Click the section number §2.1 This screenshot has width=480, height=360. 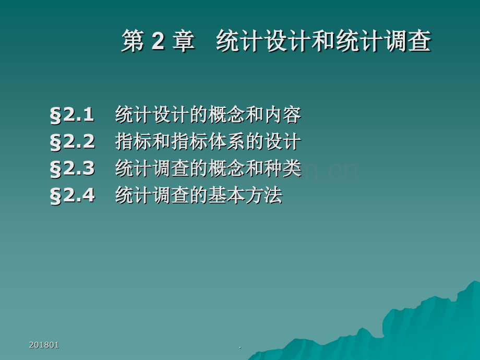[x=73, y=115]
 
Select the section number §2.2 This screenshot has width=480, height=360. [x=73, y=142]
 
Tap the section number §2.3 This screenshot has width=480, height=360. [x=73, y=169]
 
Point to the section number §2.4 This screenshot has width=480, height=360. [x=73, y=196]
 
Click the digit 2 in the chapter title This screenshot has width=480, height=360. [x=159, y=42]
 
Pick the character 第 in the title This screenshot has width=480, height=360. [x=133, y=42]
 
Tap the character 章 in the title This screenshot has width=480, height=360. [x=183, y=42]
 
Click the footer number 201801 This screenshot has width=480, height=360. [x=44, y=345]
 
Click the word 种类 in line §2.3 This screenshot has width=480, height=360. [x=283, y=169]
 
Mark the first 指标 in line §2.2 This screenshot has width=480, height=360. [x=134, y=142]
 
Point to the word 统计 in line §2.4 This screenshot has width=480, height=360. [x=134, y=196]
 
